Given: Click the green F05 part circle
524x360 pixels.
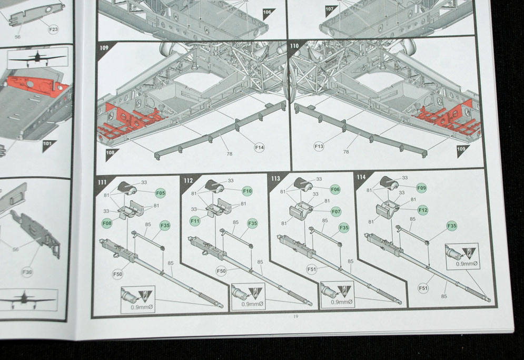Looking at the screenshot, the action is coord(161,193).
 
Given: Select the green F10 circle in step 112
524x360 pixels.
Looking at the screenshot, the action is coord(248,191).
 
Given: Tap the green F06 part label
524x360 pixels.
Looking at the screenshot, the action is coord(335,189).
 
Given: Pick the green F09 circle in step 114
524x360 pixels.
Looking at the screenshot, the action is coord(422,188).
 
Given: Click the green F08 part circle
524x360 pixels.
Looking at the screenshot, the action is coord(107,223).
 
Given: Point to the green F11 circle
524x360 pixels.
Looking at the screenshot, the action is coord(195,221).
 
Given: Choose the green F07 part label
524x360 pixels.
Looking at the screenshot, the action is coord(336,212).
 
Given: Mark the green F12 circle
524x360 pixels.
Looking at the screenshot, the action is coord(423,210).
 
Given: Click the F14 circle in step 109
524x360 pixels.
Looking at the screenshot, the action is coord(259,147).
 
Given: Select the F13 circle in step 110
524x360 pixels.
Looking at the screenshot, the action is coord(319,146).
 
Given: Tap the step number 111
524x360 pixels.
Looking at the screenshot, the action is coord(102,182).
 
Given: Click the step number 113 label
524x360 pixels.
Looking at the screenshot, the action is coord(275,178).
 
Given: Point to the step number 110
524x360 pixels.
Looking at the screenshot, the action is coord(294,45).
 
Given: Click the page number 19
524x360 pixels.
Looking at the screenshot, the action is coord(295,316).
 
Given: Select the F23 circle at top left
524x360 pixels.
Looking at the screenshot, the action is coord(54,30).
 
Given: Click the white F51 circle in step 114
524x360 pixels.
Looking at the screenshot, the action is coord(423,288).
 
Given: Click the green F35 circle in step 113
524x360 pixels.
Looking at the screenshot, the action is coord(344,228).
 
